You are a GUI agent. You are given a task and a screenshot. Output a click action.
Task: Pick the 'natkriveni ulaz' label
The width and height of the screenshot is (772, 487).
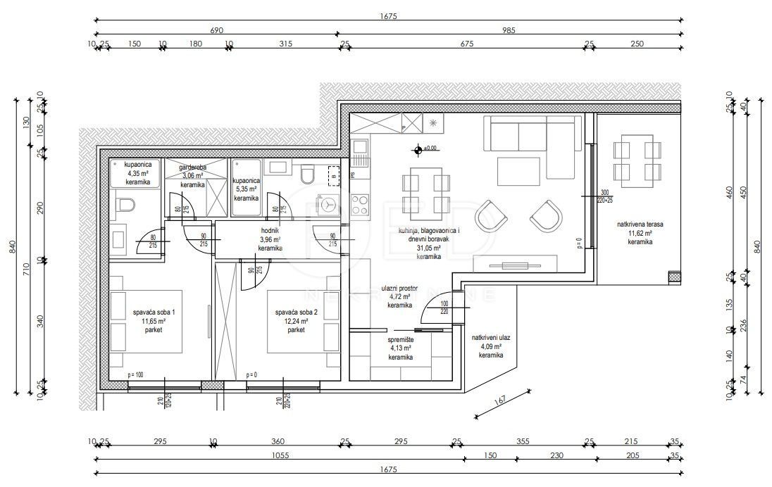click(x=491, y=338)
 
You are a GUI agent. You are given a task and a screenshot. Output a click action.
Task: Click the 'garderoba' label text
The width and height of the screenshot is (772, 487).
click(x=192, y=167)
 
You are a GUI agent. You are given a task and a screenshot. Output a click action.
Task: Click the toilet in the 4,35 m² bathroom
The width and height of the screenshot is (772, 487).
click(x=125, y=205)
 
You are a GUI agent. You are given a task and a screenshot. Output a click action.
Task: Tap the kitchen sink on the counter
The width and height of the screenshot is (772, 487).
click(x=360, y=150)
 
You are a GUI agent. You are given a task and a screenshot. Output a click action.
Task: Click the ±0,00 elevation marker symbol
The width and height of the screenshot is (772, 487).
click(x=418, y=149)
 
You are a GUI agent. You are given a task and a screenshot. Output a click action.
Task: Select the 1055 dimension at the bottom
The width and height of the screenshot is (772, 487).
click(x=279, y=456)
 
